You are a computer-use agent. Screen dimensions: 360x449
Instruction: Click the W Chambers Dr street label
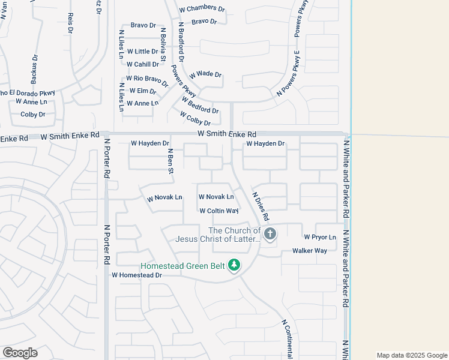click(x=202, y=10)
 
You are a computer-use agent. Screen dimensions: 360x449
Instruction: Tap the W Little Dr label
click(x=142, y=52)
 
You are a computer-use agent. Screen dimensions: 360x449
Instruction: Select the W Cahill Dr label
click(x=142, y=64)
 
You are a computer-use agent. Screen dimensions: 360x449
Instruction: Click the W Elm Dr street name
click(x=142, y=91)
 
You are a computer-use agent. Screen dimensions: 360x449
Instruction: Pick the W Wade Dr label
click(x=205, y=75)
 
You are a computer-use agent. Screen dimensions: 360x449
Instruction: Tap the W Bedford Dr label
click(x=200, y=106)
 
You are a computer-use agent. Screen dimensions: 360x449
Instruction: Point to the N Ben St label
click(x=170, y=161)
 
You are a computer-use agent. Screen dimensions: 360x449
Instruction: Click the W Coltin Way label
click(x=219, y=211)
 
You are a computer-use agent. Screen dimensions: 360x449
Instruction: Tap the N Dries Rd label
click(x=261, y=205)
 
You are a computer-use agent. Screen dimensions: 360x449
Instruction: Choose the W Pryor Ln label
click(x=320, y=237)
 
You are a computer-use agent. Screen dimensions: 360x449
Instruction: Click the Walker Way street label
click(x=309, y=251)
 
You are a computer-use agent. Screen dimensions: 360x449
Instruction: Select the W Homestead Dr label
click(x=137, y=275)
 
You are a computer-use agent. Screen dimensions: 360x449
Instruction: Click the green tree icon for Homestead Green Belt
click(x=234, y=265)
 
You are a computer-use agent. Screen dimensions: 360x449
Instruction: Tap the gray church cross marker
click(x=270, y=234)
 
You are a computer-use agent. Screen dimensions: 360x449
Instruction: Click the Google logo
click(x=20, y=353)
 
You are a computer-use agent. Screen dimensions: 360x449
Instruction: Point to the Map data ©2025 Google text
click(x=412, y=355)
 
